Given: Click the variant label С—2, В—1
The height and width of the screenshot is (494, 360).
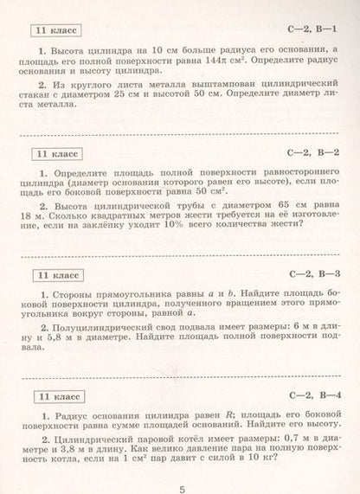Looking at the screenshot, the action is pyautogui.click(x=312, y=31).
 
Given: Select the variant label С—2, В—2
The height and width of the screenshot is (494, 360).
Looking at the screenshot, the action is pyautogui.click(x=312, y=154).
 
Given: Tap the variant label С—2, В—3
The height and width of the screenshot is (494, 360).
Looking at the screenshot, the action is pyautogui.click(x=312, y=275).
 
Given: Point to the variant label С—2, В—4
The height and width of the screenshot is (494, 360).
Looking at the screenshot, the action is pyautogui.click(x=312, y=395).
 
